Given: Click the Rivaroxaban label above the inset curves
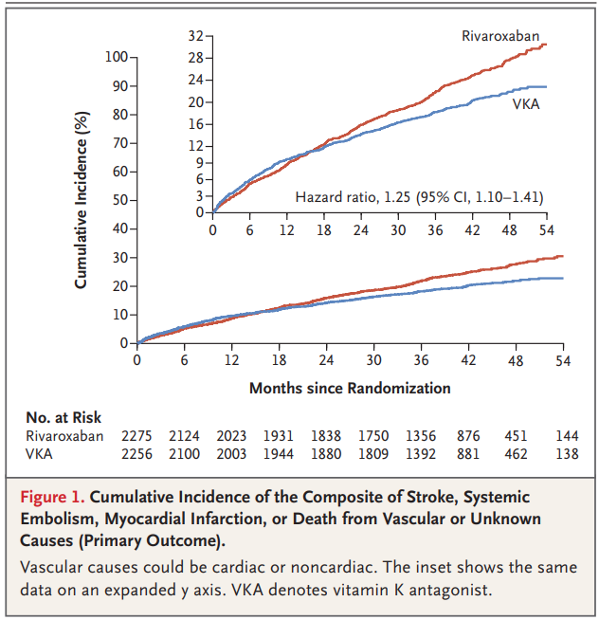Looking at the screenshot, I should click(x=500, y=36).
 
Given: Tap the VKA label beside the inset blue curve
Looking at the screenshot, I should click(x=525, y=103).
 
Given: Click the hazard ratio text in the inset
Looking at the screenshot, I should click(x=419, y=197).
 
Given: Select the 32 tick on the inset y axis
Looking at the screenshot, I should click(x=196, y=36).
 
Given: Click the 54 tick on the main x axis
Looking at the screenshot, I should click(x=563, y=360).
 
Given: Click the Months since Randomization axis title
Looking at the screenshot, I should click(x=350, y=388).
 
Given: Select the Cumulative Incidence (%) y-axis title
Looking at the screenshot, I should click(x=82, y=200).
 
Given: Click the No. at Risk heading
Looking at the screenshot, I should click(x=64, y=417).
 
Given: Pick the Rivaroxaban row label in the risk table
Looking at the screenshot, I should click(x=65, y=436).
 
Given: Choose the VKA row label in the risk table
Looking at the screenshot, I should click(x=43, y=453).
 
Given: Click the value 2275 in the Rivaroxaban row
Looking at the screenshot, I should click(x=136, y=436).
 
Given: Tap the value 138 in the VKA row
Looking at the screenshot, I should click(x=565, y=453).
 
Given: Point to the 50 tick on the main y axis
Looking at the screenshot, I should click(x=120, y=200).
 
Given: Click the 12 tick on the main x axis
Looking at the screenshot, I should click(x=231, y=360).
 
